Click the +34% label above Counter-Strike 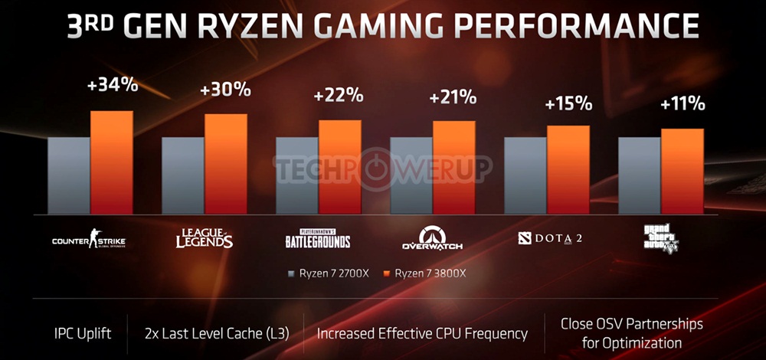coord(113,85)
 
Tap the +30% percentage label coord(225,89)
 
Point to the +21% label coord(453,97)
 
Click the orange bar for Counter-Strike coord(112,162)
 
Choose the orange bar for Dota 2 coord(568,169)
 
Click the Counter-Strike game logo coord(88,241)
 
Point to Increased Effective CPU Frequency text coord(422,333)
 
